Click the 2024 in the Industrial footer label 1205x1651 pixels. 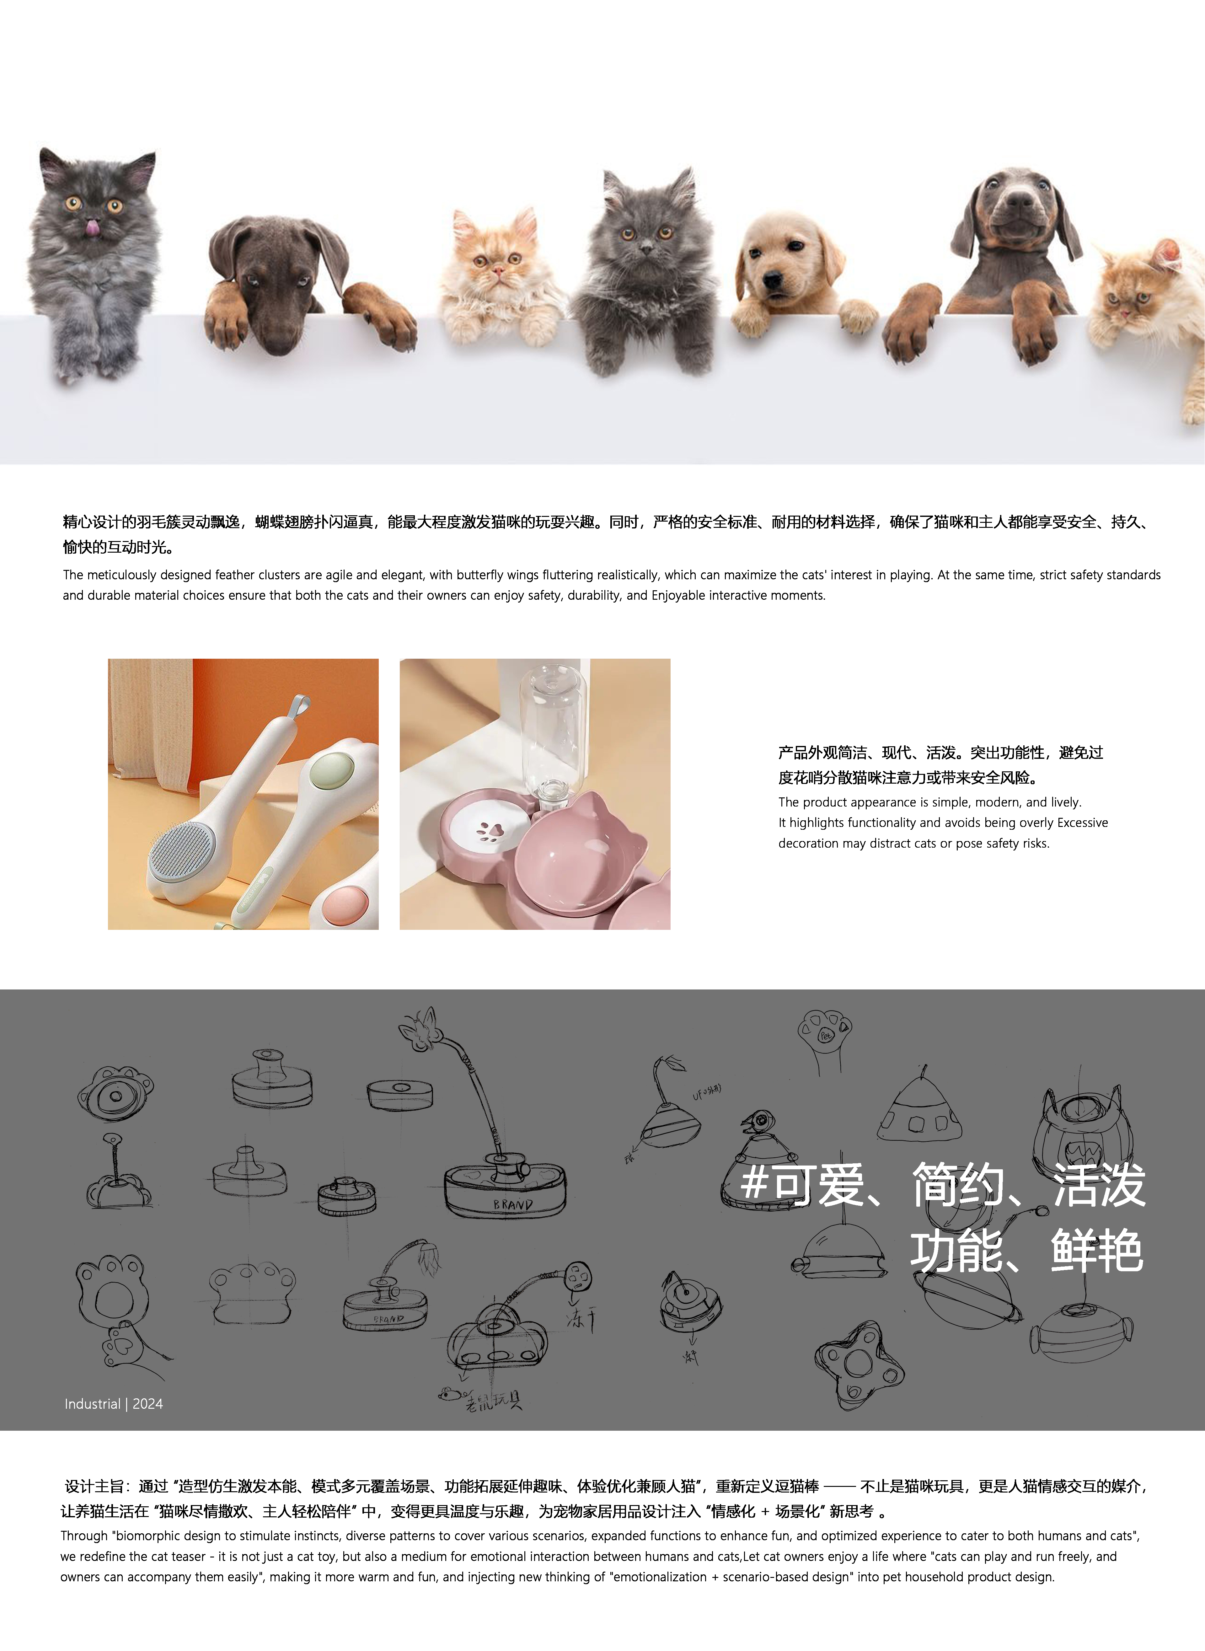(148, 1404)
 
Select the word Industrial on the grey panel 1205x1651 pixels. (92, 1404)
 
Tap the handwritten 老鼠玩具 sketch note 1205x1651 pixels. (494, 1401)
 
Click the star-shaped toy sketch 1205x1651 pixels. (858, 1364)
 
